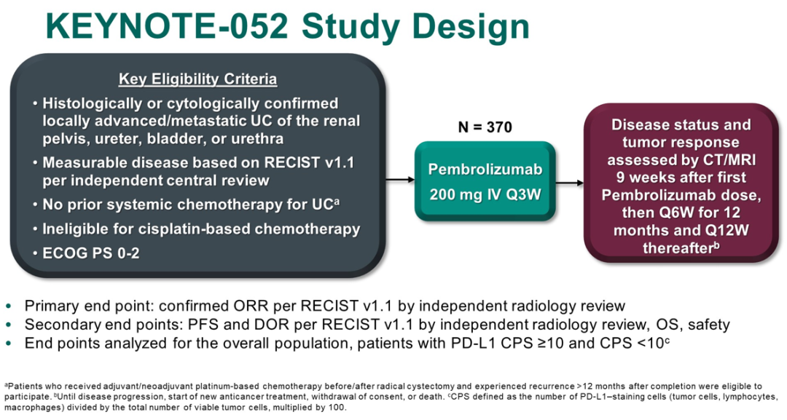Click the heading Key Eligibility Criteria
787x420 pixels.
coord(197,79)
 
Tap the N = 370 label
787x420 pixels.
coord(485,127)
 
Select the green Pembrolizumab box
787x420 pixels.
coord(485,181)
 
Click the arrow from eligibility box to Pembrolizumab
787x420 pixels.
coord(400,179)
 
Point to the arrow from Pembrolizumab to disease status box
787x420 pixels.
coord(570,183)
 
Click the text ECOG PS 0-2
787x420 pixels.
coord(91,253)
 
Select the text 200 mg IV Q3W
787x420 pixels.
coord(485,194)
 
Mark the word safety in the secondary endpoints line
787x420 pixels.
coord(709,325)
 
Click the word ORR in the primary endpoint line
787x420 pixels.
coord(248,306)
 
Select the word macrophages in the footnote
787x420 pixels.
coord(30,408)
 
